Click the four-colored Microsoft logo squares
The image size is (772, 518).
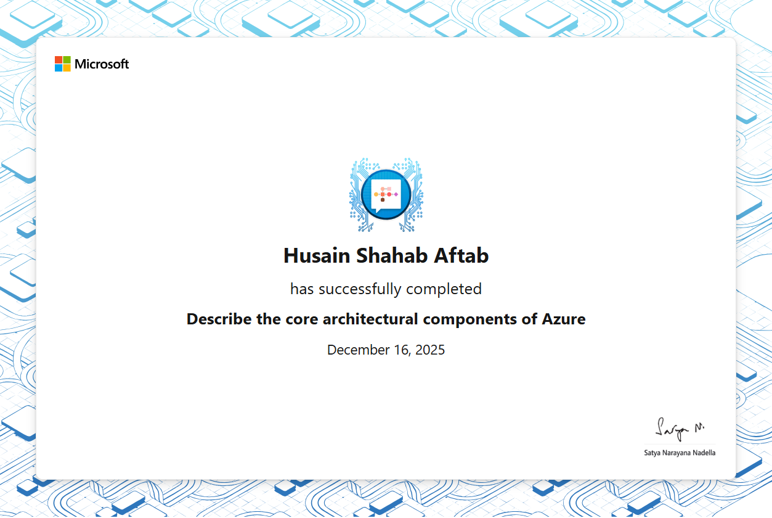63,64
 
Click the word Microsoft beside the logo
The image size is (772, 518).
102,64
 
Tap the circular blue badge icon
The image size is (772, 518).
386,194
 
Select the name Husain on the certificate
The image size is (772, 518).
317,255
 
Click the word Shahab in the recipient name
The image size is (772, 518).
391,255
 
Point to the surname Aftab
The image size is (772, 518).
461,255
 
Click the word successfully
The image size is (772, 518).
360,289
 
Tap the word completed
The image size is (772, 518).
444,289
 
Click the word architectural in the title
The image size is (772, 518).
370,319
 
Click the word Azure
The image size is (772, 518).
564,319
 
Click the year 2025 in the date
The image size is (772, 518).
430,350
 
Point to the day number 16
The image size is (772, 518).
402,350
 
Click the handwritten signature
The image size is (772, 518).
679,429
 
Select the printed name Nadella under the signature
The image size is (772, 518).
704,453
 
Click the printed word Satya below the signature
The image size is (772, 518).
652,453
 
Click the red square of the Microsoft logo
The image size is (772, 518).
59,60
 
